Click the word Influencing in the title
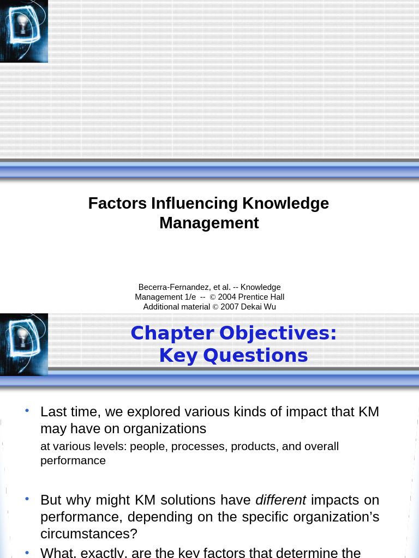(x=194, y=203)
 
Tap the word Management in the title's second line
(x=209, y=223)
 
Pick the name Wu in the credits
(x=270, y=307)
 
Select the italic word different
(x=281, y=500)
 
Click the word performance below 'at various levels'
(x=73, y=460)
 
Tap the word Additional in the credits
(x=161, y=307)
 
